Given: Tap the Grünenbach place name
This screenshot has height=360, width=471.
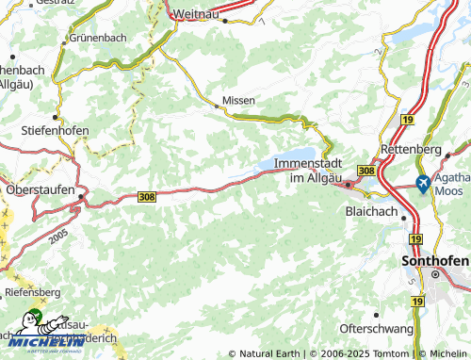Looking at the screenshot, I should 97,40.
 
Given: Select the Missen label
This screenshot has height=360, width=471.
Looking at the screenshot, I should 238,99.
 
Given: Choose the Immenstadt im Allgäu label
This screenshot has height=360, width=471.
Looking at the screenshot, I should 308,171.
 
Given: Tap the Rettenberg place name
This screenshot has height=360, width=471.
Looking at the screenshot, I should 411,150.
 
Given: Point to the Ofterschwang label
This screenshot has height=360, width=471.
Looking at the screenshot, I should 377,329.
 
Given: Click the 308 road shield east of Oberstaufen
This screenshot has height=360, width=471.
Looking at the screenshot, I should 147,196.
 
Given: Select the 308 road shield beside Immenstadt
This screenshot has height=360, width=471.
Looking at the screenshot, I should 366,170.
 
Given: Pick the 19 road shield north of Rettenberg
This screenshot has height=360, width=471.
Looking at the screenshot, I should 407,120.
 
